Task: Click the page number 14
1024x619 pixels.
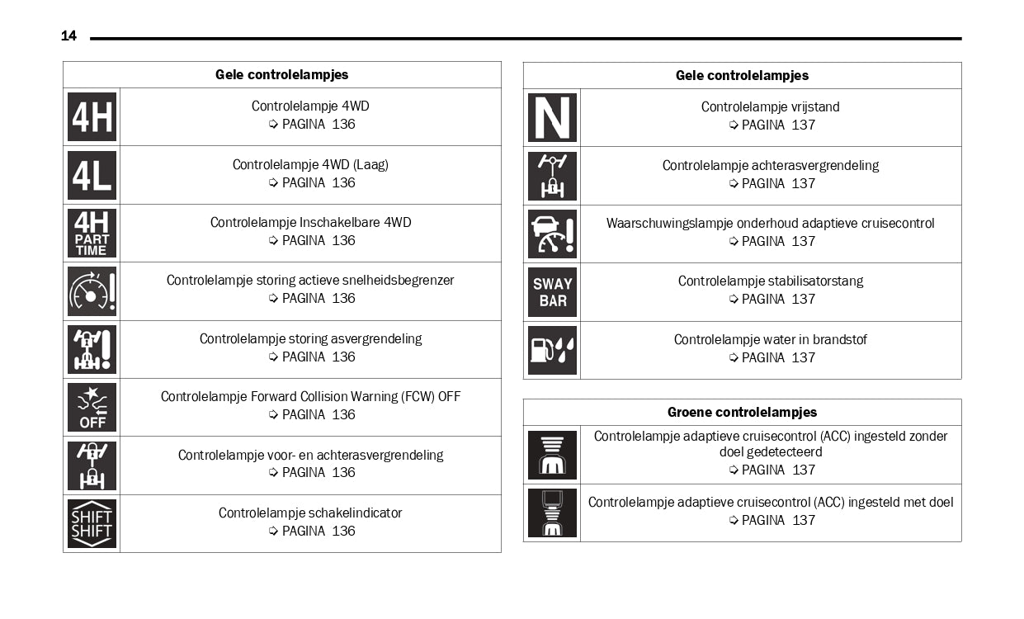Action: pos(68,35)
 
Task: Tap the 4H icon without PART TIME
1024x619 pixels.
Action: pos(92,117)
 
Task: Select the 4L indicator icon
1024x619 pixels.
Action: pos(92,175)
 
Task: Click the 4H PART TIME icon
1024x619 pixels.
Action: pos(92,233)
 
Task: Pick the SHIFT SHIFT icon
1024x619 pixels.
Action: pos(92,523)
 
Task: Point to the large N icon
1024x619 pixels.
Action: pos(552,118)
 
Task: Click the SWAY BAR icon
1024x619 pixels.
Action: pos(552,292)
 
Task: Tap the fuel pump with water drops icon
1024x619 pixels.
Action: pos(552,350)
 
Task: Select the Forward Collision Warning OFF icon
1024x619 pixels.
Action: pos(92,407)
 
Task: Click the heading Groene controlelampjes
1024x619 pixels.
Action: pos(742,412)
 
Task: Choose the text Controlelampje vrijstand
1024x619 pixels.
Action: pos(770,106)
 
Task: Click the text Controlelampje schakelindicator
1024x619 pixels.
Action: pos(310,513)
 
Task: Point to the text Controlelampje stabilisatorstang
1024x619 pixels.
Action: pos(770,281)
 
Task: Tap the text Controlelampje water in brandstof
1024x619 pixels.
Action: pos(770,339)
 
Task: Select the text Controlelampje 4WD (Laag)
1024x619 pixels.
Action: pos(310,164)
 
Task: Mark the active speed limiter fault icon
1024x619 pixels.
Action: pos(92,291)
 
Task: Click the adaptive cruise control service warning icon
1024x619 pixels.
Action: pos(552,234)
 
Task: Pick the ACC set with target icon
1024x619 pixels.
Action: pos(552,513)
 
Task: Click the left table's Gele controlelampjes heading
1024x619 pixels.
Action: pos(281,74)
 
